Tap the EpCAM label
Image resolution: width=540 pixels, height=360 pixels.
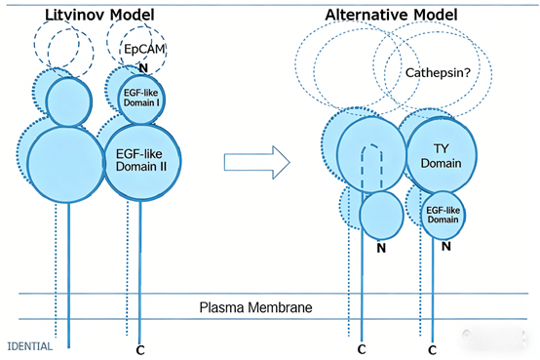point(144,49)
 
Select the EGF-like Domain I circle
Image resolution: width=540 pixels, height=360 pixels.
point(144,97)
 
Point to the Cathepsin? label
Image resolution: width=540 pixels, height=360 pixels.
point(429,71)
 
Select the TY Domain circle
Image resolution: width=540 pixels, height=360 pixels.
point(439,152)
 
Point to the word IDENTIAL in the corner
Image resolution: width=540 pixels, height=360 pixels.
point(29,345)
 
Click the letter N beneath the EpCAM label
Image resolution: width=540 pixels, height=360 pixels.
point(142,67)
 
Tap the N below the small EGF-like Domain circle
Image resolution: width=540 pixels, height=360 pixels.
point(444,247)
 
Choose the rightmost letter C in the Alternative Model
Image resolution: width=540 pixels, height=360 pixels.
point(431,347)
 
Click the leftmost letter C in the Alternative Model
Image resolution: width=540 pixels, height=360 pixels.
point(362,347)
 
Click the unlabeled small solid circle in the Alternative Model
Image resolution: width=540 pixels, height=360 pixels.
point(380,216)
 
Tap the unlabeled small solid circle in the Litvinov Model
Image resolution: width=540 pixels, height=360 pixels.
point(67,100)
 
